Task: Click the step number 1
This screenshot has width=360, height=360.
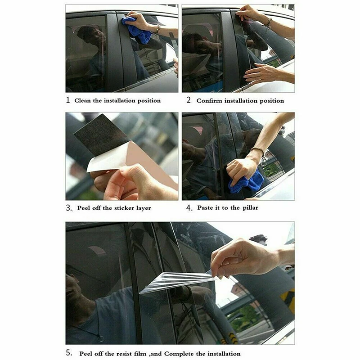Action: point(68,100)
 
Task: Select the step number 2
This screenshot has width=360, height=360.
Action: point(189,100)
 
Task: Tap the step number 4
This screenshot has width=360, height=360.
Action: point(189,208)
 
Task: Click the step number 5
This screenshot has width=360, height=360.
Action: point(69,353)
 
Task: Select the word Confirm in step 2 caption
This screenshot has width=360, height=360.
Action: point(210,101)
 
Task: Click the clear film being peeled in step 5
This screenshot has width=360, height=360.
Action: point(175,281)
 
